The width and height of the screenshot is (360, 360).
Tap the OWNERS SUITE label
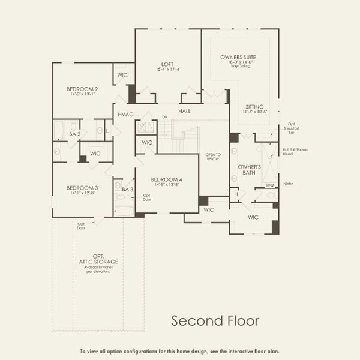[x=239, y=56]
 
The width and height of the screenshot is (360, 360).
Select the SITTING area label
[x=254, y=106]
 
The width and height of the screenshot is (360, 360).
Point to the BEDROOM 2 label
[x=82, y=89]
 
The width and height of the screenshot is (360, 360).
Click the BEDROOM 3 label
[x=82, y=188]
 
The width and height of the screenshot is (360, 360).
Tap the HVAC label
[x=125, y=114]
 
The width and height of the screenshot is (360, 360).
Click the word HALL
[x=185, y=111]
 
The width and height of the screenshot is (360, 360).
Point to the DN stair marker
[x=164, y=117]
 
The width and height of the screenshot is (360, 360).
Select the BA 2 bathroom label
[x=74, y=134]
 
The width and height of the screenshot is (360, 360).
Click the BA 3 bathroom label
[x=127, y=189]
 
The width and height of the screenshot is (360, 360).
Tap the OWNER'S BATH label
[x=248, y=170]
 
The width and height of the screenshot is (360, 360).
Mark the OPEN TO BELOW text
[x=213, y=157]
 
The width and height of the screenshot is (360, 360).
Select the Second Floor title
[x=215, y=321]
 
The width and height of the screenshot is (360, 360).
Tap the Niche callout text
[x=289, y=184]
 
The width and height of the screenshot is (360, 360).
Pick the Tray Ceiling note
[x=239, y=66]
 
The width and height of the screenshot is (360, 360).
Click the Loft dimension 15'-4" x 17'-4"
[x=167, y=69]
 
